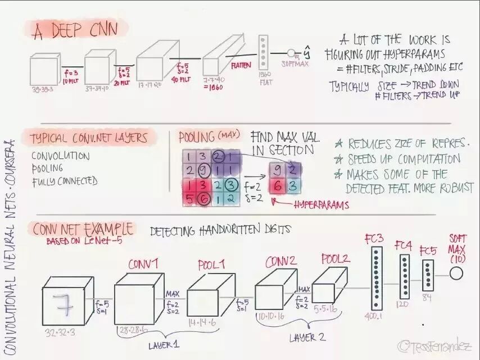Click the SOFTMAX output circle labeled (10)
456,274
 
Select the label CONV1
143,264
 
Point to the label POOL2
336,258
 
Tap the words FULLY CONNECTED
65,181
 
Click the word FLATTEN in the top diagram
241,66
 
